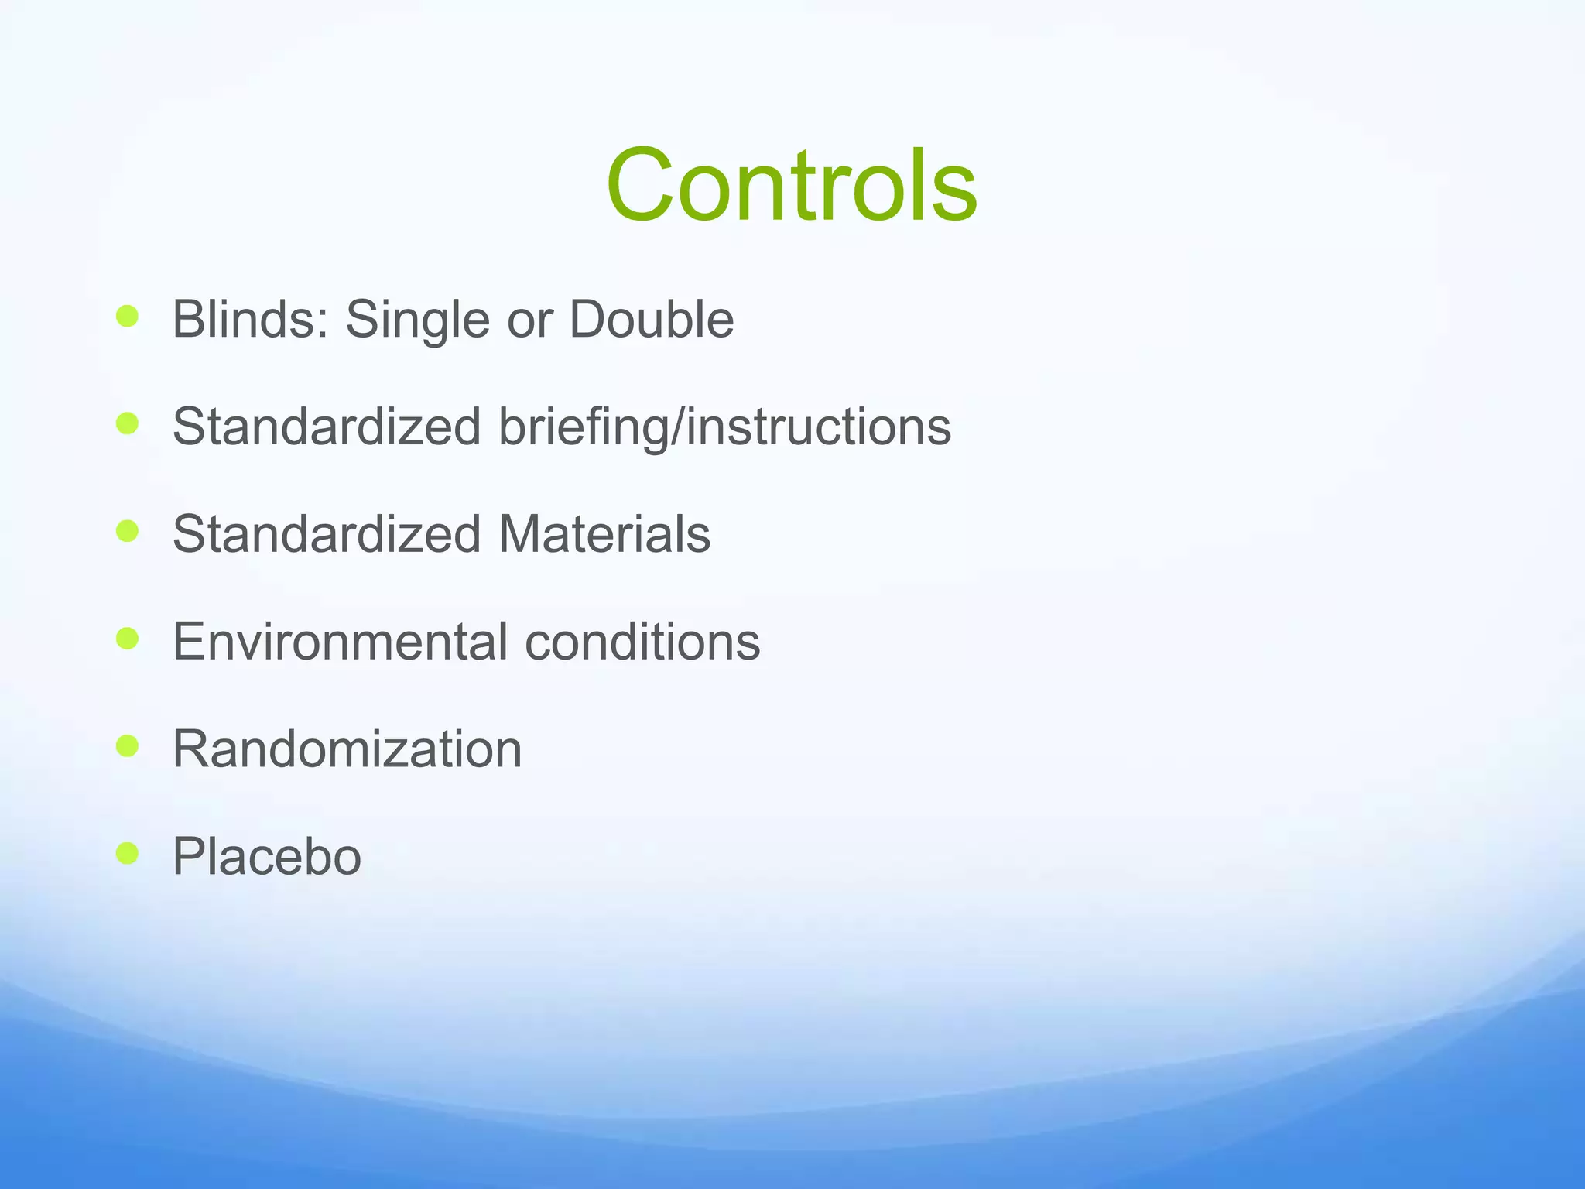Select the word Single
417,320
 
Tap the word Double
651,319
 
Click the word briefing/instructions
724,427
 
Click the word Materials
604,534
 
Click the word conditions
642,642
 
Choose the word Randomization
347,749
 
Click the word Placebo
266,857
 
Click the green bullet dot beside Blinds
127,316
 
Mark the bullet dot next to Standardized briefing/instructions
127,423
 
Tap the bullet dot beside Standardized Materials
127,531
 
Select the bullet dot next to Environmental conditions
127,639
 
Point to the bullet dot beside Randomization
127,745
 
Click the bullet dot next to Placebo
127,853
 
